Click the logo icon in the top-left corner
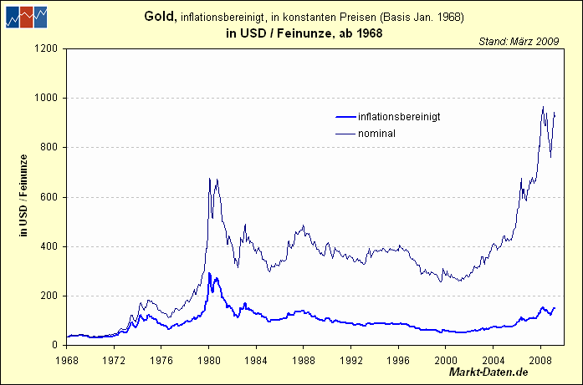(x=24, y=16)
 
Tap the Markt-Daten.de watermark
(x=489, y=371)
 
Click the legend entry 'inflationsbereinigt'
(x=398, y=117)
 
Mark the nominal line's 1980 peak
(x=209, y=178)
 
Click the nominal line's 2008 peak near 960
(x=543, y=107)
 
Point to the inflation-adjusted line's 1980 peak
(x=209, y=272)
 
